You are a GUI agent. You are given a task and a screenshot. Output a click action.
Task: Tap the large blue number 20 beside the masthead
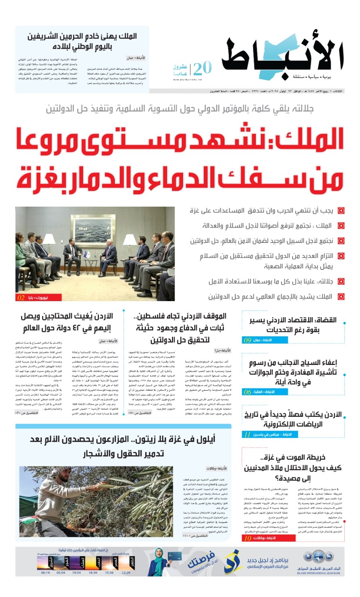202,68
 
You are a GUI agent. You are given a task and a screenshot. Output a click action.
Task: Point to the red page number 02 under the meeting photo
21,298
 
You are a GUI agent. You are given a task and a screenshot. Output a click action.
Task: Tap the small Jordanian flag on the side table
96,256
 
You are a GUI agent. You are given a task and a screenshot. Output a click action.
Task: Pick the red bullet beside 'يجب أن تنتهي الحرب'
341,211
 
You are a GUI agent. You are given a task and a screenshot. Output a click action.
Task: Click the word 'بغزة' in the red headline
37,179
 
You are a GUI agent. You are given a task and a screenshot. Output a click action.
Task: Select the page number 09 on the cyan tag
247,340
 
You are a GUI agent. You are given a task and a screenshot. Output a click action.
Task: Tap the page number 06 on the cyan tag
247,392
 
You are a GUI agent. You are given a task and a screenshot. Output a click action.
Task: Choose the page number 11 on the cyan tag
247,434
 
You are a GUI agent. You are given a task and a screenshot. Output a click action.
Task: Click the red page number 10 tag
248,538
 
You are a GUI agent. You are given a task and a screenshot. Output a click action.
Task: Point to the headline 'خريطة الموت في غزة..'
293,457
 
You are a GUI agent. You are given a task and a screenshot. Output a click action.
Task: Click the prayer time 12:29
126,572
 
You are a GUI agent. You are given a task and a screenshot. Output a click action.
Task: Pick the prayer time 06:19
45,572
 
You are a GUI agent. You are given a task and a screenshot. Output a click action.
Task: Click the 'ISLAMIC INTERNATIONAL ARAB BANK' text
319,573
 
